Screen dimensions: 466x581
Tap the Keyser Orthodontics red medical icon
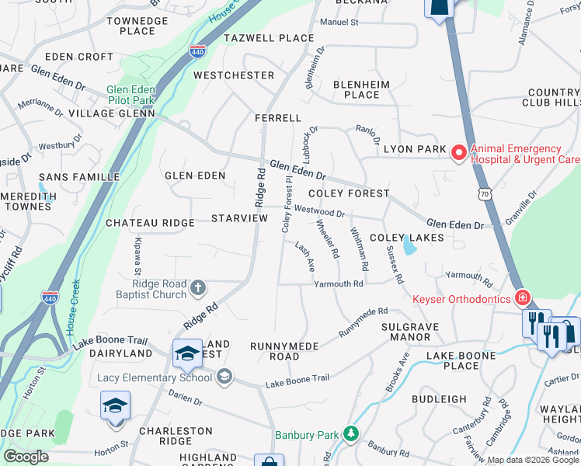point(523,298)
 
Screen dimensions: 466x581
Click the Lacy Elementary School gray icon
point(224,377)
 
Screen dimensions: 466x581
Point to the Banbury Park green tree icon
point(352,432)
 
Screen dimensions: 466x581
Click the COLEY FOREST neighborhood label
point(348,193)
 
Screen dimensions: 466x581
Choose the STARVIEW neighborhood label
point(239,220)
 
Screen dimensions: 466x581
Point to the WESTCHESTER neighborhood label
point(234,75)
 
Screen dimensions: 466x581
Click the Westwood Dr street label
point(318,211)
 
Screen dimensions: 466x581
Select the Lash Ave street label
point(304,256)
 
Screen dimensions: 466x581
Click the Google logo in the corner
point(26,457)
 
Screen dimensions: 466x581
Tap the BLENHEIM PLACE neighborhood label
point(356,89)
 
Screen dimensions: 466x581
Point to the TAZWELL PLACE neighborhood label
point(269,38)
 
